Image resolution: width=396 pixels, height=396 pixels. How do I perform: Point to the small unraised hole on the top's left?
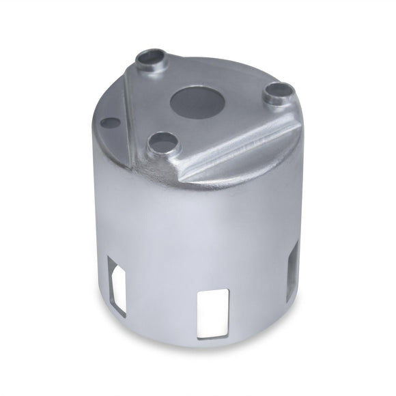coord(110,124)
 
